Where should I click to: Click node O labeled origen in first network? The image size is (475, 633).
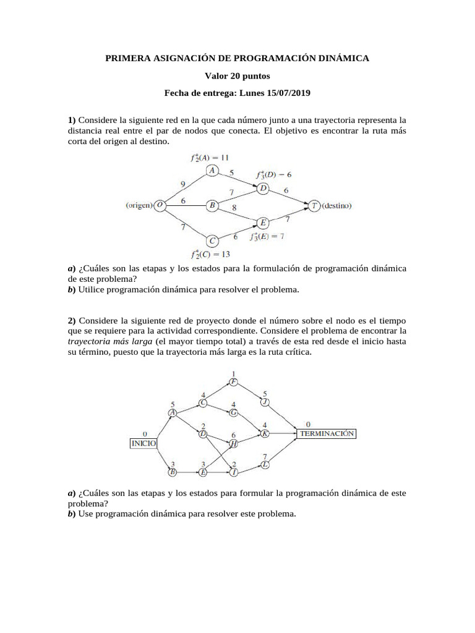point(160,205)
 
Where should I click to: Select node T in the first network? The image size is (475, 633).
point(315,205)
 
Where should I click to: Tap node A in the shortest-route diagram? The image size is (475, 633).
point(212,170)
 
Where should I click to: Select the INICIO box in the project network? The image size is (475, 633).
point(143,443)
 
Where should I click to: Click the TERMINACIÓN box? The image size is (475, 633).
point(327,434)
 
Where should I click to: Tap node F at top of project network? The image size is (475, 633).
point(233,381)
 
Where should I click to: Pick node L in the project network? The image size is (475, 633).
point(265,464)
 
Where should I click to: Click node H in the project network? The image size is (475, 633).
point(233,444)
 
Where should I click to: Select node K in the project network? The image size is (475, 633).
point(265,434)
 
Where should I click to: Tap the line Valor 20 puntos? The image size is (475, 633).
point(237,76)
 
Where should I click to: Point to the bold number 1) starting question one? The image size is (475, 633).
point(72,119)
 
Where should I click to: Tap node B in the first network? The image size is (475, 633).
point(212,206)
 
